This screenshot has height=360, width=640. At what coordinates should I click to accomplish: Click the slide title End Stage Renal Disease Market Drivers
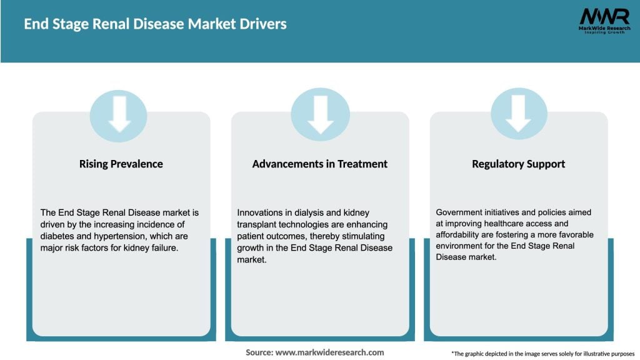[155, 24]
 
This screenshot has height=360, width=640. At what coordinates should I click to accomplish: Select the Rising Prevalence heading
[121, 164]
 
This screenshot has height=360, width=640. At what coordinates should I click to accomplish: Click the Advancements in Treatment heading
[320, 164]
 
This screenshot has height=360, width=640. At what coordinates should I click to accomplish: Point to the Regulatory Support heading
[518, 164]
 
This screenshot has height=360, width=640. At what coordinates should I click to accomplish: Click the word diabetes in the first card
[57, 236]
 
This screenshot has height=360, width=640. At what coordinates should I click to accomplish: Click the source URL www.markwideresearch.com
[329, 352]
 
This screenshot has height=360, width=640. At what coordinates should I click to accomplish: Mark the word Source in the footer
[259, 352]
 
